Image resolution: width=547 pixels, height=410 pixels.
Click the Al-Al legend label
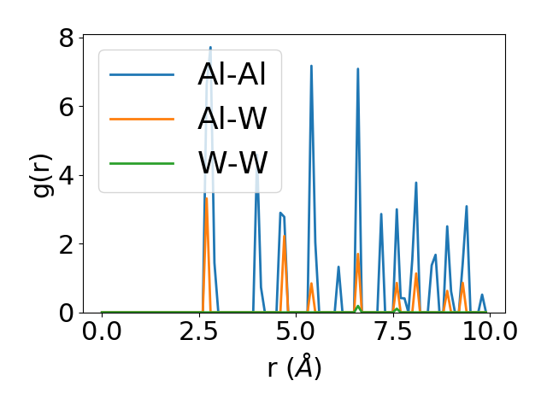232,74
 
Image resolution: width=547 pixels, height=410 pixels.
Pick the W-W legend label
232,161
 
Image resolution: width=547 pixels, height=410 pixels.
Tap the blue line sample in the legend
142,74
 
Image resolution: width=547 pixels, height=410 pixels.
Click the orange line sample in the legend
142,118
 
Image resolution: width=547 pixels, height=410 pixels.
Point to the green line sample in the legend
142,161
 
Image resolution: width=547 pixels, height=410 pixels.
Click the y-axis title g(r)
43,173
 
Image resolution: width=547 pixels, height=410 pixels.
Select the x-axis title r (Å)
294,368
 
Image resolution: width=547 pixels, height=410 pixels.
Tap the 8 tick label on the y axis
65,38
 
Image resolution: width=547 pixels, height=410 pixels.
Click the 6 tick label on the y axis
65,107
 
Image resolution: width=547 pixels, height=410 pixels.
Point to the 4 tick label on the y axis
65,175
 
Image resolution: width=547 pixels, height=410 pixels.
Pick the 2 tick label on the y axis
65,244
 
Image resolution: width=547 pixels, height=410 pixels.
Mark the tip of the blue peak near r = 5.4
311,66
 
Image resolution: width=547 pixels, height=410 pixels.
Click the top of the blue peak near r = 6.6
358,68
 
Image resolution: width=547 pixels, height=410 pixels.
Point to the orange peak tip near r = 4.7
285,236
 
